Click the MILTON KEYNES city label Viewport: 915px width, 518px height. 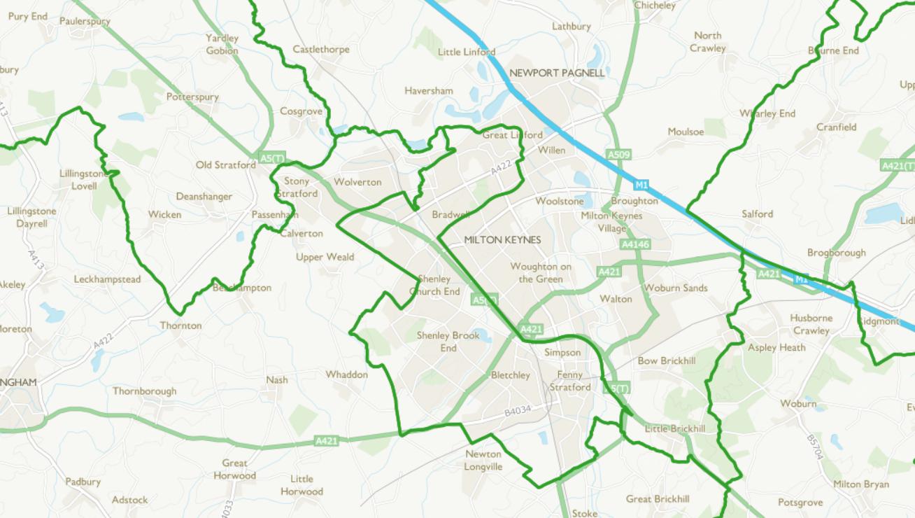[502, 240]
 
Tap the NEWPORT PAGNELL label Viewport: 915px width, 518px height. [557, 73]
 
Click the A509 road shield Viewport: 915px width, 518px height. [619, 155]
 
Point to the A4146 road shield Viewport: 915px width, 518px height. [635, 244]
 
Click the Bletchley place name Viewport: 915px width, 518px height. [510, 375]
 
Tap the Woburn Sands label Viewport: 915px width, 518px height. [676, 288]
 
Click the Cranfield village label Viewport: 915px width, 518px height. [836, 127]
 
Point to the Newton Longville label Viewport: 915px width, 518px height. [483, 461]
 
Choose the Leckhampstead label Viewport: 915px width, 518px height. [107, 279]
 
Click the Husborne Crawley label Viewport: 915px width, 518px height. [811, 324]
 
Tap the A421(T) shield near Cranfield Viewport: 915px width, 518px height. [897, 166]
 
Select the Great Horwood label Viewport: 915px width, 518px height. [234, 469]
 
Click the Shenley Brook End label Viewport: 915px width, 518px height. [448, 342]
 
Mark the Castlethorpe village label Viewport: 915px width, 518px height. [320, 50]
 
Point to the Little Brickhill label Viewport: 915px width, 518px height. [674, 428]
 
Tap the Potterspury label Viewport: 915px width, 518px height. [192, 97]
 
